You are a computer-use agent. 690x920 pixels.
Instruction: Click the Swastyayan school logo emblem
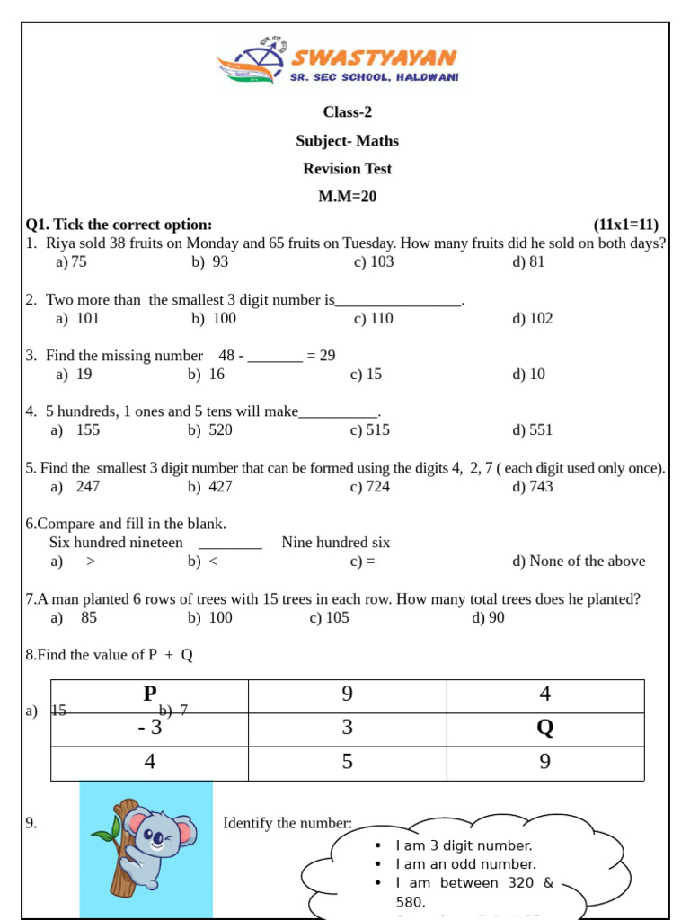point(252,62)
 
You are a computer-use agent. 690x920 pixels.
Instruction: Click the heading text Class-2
point(347,112)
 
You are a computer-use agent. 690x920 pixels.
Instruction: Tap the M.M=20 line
point(347,197)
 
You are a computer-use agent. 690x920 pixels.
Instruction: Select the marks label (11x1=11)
point(625,225)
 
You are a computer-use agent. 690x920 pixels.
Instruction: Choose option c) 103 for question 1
point(374,262)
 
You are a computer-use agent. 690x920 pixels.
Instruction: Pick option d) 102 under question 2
point(533,319)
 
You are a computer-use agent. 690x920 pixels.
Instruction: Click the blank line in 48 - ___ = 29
point(275,357)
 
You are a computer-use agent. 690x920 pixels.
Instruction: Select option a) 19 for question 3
point(74,375)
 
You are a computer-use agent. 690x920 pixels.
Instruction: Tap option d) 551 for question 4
point(533,430)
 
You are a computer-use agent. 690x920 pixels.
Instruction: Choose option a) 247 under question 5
point(75,487)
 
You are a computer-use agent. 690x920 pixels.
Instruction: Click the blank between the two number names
point(230,544)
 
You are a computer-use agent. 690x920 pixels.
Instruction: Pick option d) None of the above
point(579,562)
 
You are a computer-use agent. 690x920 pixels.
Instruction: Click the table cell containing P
point(149,694)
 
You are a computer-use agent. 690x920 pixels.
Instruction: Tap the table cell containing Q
point(544,729)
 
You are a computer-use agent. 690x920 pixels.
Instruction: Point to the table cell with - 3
point(149,729)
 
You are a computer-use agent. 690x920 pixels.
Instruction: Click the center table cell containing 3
point(347,729)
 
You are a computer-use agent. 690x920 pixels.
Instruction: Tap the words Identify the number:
point(287,824)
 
